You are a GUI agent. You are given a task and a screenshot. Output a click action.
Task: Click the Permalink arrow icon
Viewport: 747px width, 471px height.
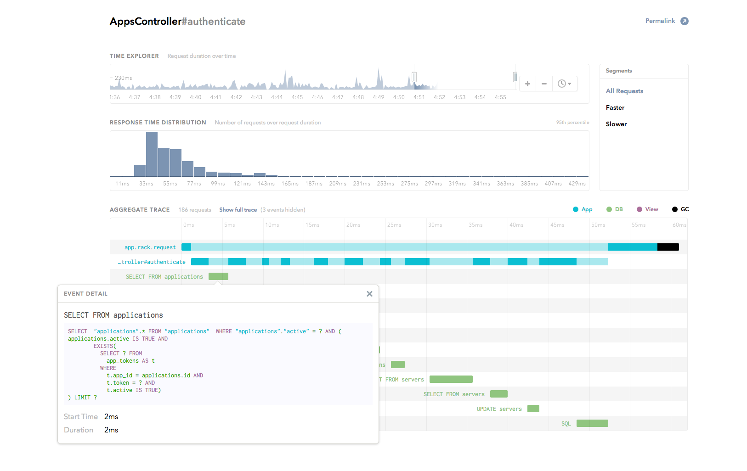[685, 21]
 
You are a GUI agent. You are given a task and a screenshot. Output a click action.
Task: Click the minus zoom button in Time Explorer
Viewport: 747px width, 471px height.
[544, 84]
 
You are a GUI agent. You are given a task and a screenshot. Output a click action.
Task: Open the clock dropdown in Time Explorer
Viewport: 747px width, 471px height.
[565, 84]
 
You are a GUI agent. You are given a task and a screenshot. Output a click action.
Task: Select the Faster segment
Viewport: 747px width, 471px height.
[615, 108]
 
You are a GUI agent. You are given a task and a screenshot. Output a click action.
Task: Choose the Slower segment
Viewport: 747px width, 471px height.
[616, 124]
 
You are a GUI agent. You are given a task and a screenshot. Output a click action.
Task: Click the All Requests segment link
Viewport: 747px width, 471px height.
[624, 91]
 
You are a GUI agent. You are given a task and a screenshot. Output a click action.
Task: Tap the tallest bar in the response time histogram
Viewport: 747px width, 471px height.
[152, 154]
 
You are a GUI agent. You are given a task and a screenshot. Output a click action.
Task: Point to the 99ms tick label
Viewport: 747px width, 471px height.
[218, 184]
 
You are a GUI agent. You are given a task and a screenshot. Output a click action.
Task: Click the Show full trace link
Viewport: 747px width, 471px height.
[238, 210]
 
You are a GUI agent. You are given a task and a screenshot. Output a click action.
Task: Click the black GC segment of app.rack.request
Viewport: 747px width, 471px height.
[668, 247]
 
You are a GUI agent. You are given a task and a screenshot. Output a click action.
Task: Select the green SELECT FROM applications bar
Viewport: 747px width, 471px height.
[218, 276]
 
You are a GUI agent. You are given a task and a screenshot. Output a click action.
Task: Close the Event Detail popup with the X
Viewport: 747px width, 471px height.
[369, 294]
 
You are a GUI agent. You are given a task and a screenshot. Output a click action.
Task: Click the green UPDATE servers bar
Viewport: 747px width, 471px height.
[533, 409]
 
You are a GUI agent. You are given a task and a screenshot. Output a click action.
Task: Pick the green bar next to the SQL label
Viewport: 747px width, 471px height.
[592, 423]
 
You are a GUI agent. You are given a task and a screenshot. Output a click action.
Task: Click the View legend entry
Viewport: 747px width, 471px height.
[647, 209]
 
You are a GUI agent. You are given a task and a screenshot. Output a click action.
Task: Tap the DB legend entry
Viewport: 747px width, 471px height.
[614, 209]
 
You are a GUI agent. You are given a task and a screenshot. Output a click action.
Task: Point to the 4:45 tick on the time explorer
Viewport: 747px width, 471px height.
[297, 97]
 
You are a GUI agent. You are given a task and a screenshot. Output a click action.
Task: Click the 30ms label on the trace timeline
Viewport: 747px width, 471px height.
[435, 225]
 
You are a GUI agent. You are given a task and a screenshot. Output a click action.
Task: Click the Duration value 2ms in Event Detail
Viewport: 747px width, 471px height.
[111, 430]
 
